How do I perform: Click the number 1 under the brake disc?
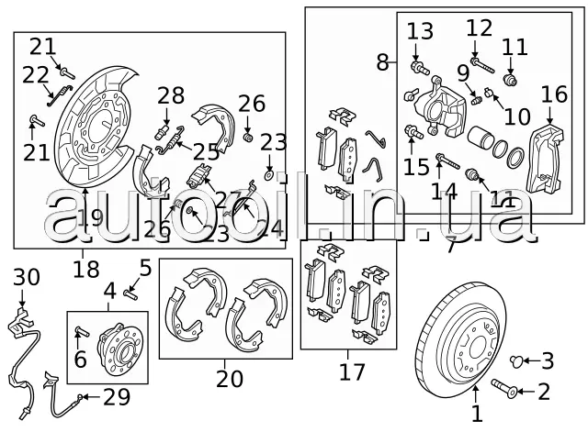click(476, 415)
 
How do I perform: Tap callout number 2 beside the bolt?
click(544, 393)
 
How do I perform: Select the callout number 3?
click(547, 360)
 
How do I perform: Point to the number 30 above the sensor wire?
click(27, 276)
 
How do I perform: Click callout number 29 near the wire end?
click(117, 397)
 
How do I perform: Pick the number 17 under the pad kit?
click(352, 371)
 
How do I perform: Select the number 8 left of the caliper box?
click(382, 62)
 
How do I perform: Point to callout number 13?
click(419, 31)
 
